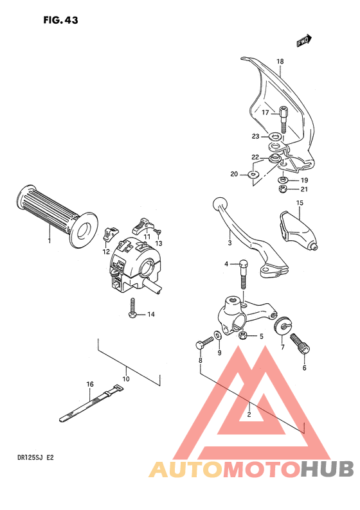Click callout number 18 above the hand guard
pyautogui.click(x=280, y=62)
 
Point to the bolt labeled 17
pyautogui.click(x=283, y=118)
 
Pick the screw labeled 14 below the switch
pyautogui.click(x=132, y=308)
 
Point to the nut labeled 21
pyautogui.click(x=282, y=188)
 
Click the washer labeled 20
pyautogui.click(x=253, y=173)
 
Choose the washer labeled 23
pyautogui.click(x=275, y=137)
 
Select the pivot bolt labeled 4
pyautogui.click(x=244, y=273)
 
